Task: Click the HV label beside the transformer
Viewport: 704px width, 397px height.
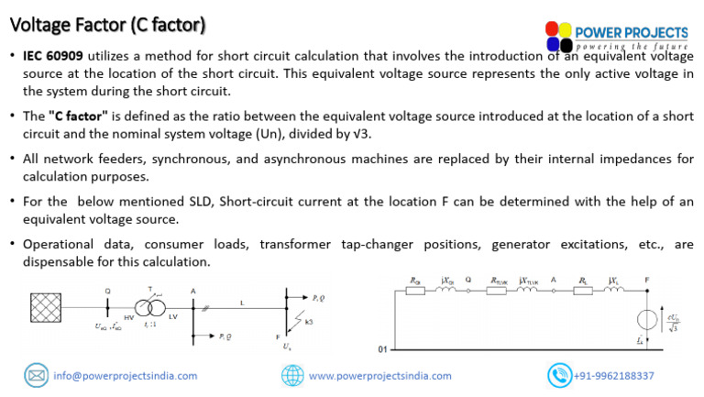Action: (129, 317)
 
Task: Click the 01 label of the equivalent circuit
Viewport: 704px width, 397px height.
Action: (382, 349)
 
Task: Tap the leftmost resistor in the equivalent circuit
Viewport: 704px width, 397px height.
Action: (414, 292)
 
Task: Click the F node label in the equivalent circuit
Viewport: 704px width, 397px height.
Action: (647, 278)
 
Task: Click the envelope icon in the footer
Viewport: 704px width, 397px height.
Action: (37, 375)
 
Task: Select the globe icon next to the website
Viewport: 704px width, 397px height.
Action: (292, 375)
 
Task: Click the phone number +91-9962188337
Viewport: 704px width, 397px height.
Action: (614, 376)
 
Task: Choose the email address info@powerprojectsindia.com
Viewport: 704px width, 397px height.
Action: (126, 376)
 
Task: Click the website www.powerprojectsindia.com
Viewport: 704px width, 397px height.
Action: (379, 376)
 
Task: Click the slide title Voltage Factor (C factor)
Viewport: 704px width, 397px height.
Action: (107, 22)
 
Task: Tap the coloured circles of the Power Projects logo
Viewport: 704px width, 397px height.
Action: (558, 37)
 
